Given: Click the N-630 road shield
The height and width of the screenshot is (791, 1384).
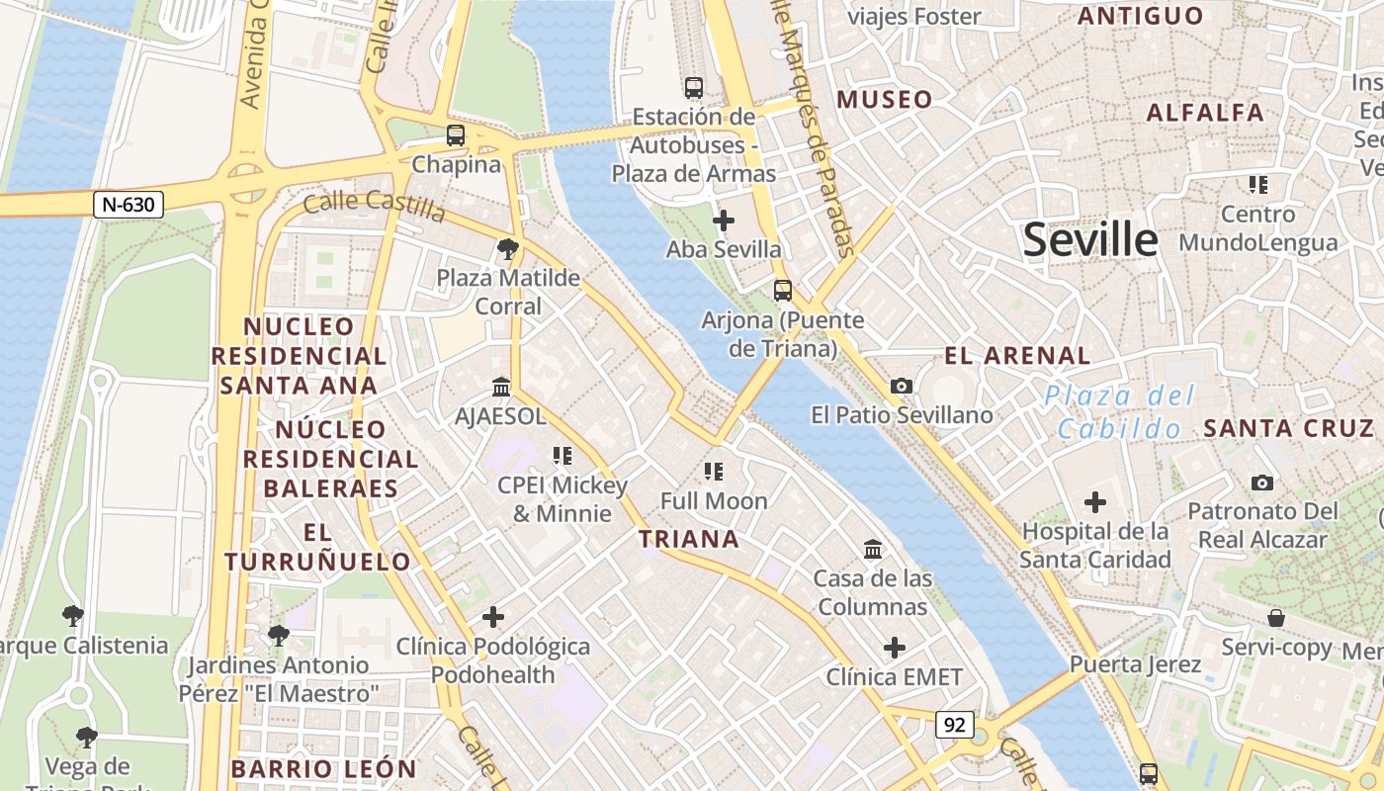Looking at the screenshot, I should tap(129, 205).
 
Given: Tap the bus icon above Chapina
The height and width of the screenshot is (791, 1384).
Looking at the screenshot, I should tap(456, 135).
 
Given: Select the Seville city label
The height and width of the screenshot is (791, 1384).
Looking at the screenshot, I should tap(1089, 240).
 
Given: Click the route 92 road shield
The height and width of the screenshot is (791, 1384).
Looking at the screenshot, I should tap(954, 724).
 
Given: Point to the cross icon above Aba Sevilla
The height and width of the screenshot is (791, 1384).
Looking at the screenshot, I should tap(724, 220).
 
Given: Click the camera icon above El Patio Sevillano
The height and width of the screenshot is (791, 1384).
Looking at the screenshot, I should tap(902, 386).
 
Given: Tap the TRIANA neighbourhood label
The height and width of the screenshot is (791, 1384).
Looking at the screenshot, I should tap(689, 539).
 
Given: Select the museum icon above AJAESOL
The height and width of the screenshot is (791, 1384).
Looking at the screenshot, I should tap(501, 387).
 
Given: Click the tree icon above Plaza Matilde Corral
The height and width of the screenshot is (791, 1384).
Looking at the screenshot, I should tap(508, 248).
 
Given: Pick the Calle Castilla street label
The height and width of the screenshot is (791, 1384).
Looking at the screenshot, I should tap(374, 206).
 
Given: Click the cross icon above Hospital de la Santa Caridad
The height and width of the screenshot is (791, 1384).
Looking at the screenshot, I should tap(1095, 502).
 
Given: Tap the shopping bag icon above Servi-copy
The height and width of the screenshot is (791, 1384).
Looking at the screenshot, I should tap(1276, 618).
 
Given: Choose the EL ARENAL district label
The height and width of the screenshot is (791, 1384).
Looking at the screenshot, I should tap(1017, 356).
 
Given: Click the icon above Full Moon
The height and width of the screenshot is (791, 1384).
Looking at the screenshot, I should tap(714, 472).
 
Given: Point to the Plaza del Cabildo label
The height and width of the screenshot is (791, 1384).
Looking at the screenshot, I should tap(1120, 412).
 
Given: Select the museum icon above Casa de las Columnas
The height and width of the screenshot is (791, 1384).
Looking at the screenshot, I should tap(873, 549).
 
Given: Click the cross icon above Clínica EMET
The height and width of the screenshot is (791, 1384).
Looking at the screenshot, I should tap(895, 648).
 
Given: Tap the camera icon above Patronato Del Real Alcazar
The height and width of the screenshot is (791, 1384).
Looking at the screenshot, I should tap(1262, 483).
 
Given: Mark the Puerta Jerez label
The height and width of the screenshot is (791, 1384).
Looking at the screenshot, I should tap(1136, 664).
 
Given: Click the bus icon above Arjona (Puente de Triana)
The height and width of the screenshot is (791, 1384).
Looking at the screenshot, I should tap(783, 291).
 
